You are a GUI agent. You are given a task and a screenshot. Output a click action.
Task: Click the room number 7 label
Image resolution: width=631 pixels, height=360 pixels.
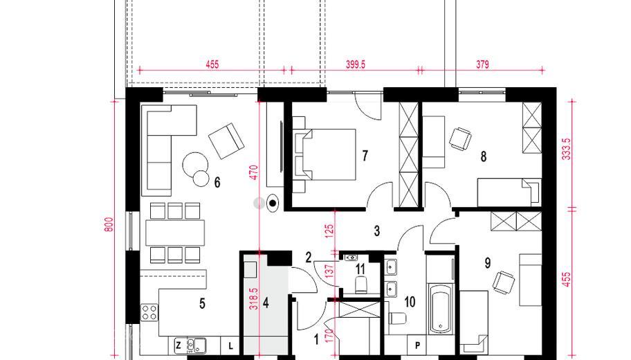365,156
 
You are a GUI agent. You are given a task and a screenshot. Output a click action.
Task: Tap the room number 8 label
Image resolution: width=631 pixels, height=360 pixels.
484,156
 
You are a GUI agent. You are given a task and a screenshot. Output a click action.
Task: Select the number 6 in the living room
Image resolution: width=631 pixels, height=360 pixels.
217,183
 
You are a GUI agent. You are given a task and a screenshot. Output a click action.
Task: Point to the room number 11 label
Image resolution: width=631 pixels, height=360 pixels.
360,268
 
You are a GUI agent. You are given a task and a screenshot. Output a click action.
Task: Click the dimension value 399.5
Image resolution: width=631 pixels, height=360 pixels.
356,64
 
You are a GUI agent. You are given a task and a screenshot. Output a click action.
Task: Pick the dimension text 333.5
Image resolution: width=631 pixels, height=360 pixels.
566,150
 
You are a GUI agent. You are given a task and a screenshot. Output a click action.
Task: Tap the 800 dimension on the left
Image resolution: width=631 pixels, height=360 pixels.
109,225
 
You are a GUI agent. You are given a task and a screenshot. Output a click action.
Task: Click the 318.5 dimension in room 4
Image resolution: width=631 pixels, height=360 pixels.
253,299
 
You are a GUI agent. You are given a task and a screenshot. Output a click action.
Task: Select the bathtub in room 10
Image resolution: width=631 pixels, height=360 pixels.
441,309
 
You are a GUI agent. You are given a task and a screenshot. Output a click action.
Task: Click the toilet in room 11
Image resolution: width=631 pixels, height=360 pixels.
361,285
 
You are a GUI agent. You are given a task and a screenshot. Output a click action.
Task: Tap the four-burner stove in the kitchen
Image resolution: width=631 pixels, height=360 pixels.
149,312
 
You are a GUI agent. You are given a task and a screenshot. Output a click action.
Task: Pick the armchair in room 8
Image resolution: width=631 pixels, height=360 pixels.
460,139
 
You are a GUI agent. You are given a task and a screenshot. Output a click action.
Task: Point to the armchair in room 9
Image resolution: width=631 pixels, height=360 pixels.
504,282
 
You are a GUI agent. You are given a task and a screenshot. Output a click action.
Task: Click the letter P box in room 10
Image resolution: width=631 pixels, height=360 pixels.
417,345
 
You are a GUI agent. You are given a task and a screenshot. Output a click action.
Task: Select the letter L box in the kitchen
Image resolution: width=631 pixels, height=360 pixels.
230,345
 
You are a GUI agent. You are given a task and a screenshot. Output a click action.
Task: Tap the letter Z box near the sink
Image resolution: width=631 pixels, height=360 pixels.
179,345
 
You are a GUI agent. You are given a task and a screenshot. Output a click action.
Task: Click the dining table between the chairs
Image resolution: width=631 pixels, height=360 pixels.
174,233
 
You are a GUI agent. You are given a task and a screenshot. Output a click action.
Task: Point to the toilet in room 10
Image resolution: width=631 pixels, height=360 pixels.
398,318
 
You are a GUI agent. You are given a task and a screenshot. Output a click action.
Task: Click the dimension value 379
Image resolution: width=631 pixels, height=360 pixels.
482,64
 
